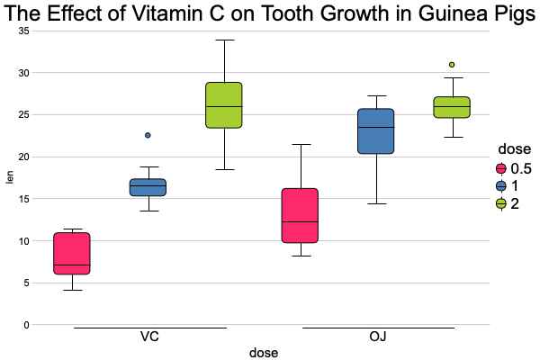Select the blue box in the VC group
pos(148,187)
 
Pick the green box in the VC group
pos(224,105)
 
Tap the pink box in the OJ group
pos(300,215)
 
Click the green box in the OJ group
pos(452,107)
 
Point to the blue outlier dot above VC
pos(148,135)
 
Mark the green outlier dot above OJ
pos(452,65)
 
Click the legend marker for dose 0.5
pos(501,168)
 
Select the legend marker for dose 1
pos(501,186)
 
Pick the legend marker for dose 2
pos(501,203)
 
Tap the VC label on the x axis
pos(150,337)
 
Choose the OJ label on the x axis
pos(378,337)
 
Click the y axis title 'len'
pos(10,177)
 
